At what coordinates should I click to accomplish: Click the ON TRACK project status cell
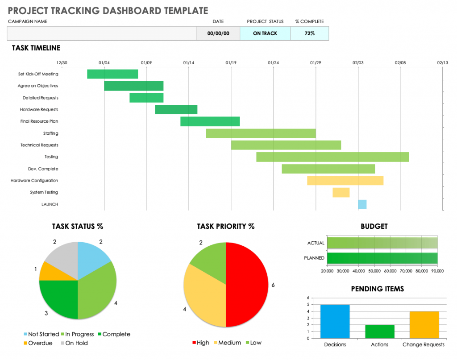pos(265,33)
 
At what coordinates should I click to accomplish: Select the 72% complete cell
pos(309,33)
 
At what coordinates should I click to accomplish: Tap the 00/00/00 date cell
pos(218,33)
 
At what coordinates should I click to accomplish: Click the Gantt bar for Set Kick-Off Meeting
pos(112,74)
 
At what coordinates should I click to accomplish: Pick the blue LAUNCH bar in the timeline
pos(362,204)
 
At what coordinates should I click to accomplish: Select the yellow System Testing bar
pos(341,193)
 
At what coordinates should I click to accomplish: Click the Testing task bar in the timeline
pos(332,157)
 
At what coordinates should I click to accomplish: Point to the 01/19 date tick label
pos(231,63)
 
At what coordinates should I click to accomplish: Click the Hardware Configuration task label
pos(34,181)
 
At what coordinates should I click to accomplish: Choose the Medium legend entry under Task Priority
pos(228,343)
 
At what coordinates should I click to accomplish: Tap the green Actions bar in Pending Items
pos(379,331)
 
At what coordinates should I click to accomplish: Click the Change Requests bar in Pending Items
pos(424,325)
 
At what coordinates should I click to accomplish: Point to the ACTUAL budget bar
pos(382,243)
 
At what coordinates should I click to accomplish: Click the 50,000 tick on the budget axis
pos(374,270)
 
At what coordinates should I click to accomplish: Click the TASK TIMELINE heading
pos(36,48)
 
